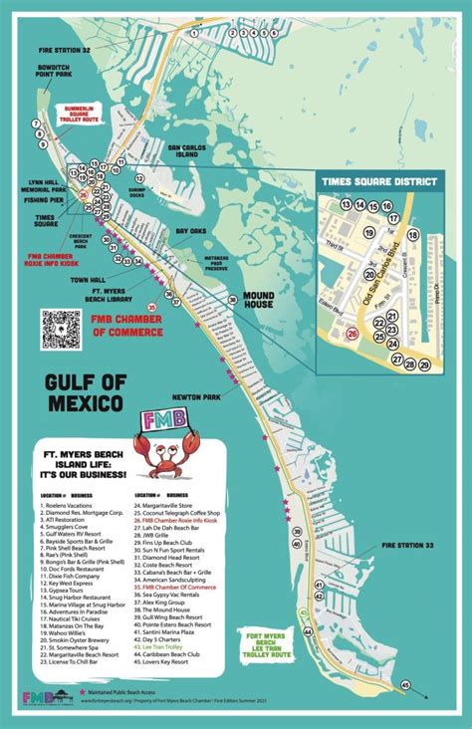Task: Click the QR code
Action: coord(60,329)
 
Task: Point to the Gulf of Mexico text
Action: coord(84,393)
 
